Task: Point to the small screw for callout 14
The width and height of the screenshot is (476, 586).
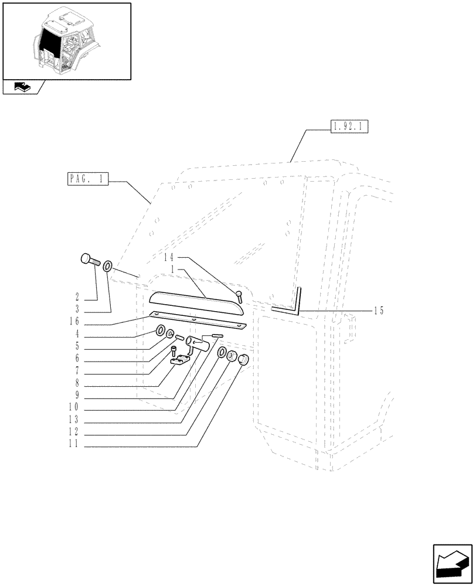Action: click(239, 297)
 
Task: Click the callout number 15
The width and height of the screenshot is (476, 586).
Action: click(378, 311)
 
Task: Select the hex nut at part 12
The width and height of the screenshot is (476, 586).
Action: click(232, 356)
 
